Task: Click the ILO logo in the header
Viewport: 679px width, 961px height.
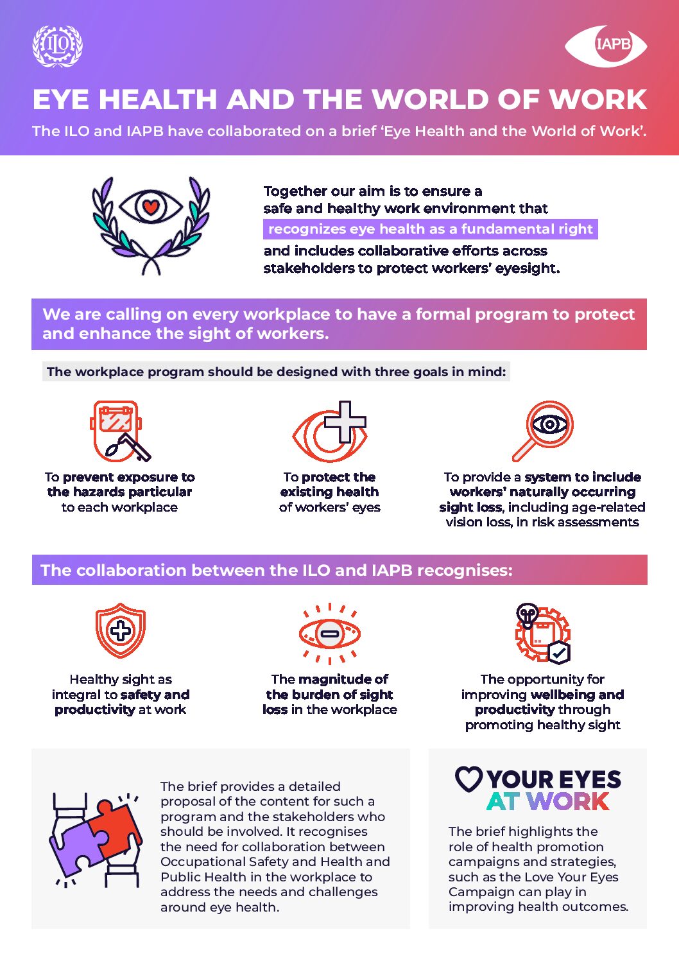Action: [58, 46]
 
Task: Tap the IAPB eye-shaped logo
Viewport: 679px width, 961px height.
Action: [606, 45]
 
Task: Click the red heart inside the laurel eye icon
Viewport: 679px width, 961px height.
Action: [151, 207]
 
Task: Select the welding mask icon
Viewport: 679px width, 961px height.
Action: [120, 431]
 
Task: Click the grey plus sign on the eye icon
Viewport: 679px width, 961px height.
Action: [345, 422]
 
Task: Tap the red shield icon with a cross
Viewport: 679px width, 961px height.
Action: [121, 630]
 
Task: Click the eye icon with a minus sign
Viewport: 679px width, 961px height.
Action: [329, 634]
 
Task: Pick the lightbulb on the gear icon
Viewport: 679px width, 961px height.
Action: [527, 614]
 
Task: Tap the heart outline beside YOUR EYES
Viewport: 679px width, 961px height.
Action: [469, 779]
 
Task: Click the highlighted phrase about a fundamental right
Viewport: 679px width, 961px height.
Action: [430, 229]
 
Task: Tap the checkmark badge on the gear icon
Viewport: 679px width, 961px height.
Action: [559, 653]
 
